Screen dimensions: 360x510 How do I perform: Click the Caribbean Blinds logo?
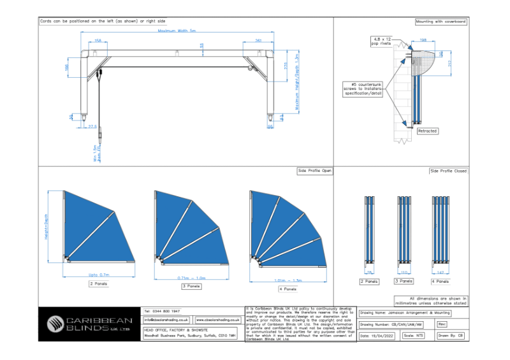(x=89, y=324)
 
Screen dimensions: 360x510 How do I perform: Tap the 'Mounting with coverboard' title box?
(x=441, y=21)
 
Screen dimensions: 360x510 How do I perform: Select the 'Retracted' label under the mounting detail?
(x=427, y=131)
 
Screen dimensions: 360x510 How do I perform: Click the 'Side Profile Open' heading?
(x=314, y=171)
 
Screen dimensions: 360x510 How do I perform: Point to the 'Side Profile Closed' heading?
(x=448, y=171)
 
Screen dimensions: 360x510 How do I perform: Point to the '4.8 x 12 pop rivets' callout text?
(x=383, y=43)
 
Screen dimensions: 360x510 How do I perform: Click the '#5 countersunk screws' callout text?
(x=363, y=89)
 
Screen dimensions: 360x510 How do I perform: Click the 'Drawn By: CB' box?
(x=452, y=335)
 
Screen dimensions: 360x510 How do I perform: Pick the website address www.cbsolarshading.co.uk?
(x=217, y=319)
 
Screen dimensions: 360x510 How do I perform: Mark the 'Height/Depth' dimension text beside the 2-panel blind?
(x=47, y=227)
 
